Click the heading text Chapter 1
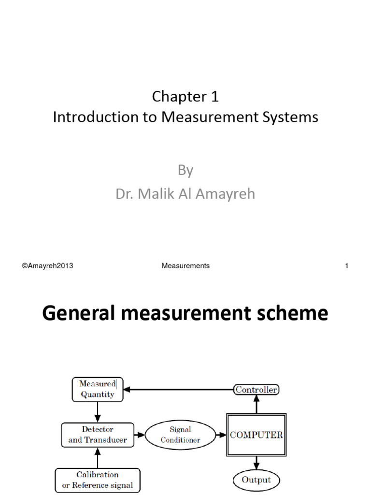[x=185, y=97]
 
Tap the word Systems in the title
[x=292, y=117]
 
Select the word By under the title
[x=185, y=170]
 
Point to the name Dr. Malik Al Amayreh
[x=185, y=194]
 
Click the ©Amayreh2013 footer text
[x=47, y=266]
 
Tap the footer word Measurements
[x=185, y=266]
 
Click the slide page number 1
[x=346, y=266]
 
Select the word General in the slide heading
[x=77, y=314]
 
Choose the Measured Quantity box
[x=98, y=389]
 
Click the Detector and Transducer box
[x=98, y=435]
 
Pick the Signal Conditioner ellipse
[x=180, y=435]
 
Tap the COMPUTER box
[x=257, y=435]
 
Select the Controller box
[x=256, y=390]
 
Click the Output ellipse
[x=256, y=480]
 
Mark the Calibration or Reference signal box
[x=98, y=480]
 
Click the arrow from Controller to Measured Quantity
[x=179, y=390]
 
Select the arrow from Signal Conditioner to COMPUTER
[x=221, y=435]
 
